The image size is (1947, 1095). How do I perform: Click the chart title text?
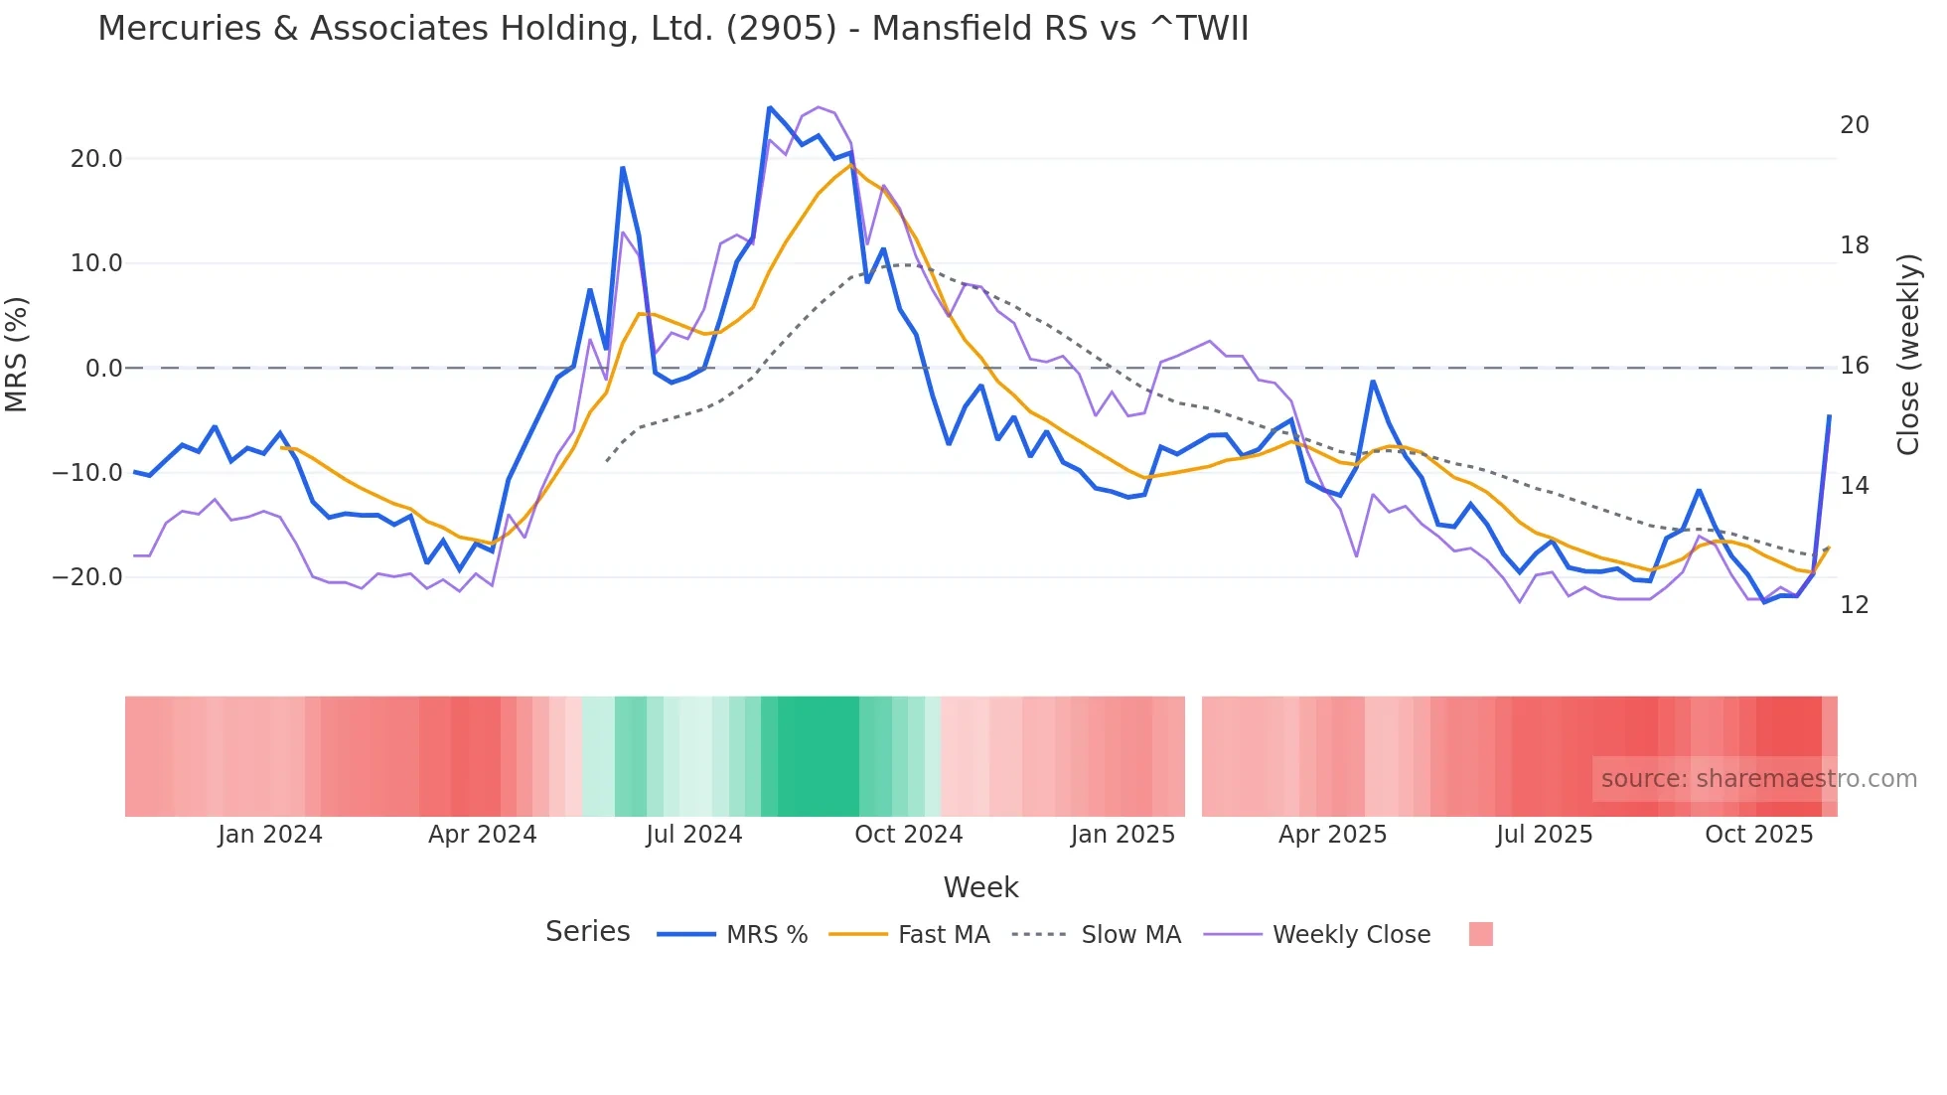pos(673,29)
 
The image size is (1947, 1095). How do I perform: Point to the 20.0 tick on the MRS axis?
pos(96,159)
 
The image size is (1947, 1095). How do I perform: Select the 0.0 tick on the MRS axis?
pos(103,369)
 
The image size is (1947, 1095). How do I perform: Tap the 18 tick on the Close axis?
pos(1854,245)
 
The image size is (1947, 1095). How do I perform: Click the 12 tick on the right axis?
pos(1854,605)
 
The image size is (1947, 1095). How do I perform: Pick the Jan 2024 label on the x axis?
pos(270,835)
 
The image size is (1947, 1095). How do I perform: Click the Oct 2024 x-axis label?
pos(908,835)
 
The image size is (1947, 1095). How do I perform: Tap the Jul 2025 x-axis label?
pos(1544,835)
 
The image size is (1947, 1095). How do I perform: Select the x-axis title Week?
pos(980,887)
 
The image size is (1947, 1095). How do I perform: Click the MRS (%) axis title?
pos(17,355)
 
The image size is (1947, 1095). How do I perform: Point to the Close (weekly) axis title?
pos(1907,355)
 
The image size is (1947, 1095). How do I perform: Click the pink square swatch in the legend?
pos(1480,935)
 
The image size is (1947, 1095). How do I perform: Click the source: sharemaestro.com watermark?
pos(1758,779)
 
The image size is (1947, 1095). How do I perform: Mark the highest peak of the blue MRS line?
pos(770,108)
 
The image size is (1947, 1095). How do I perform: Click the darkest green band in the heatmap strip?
pos(818,756)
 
